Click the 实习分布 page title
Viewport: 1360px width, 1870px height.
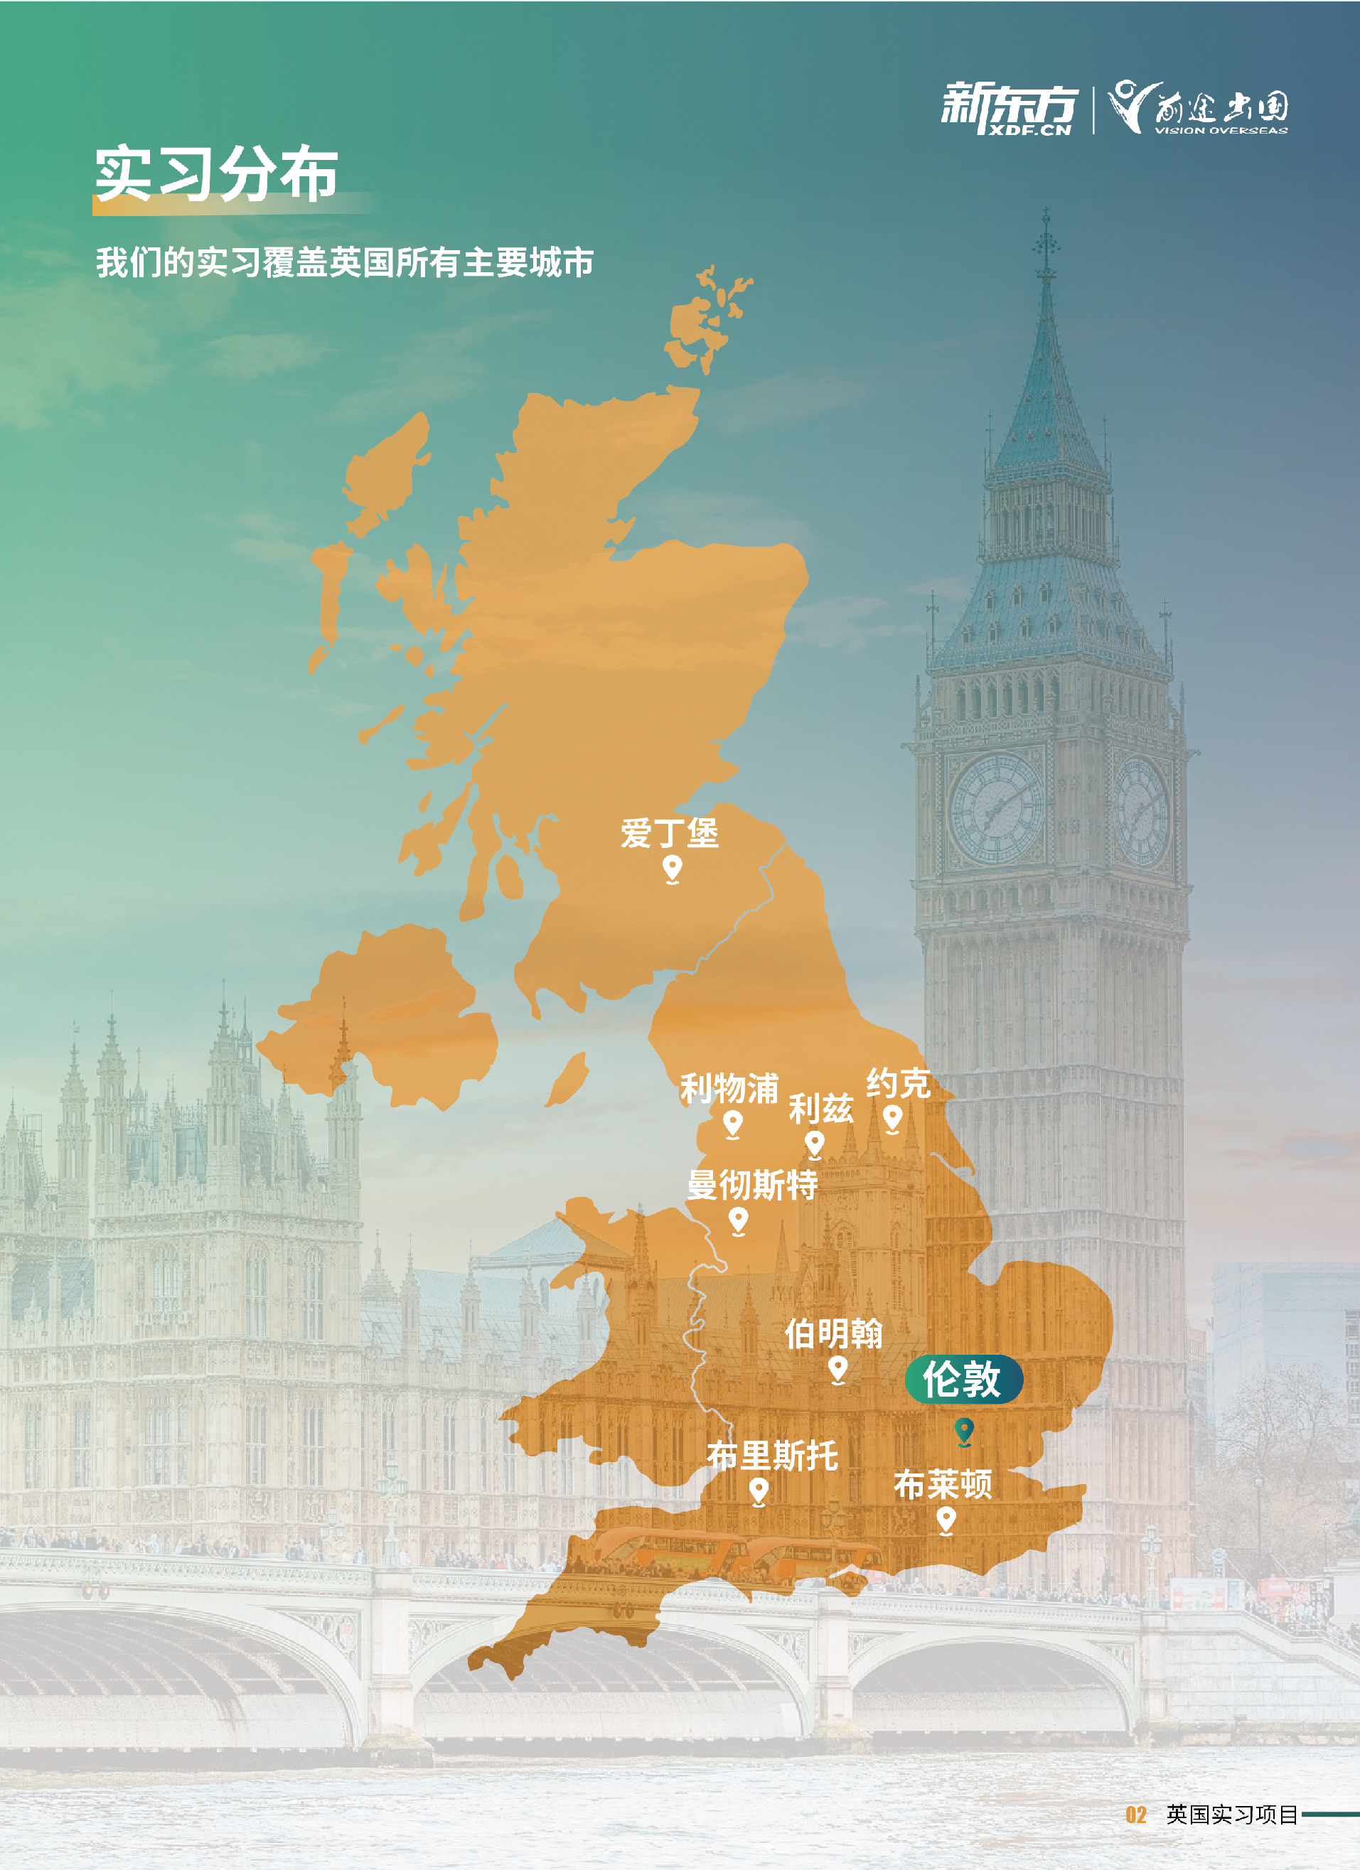point(216,174)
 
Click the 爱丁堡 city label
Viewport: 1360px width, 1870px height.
point(670,833)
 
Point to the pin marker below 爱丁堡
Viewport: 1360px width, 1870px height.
point(672,869)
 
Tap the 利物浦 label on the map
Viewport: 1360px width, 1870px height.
point(729,1088)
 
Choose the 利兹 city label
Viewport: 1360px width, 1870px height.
point(820,1109)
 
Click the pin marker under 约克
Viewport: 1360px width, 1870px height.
point(892,1118)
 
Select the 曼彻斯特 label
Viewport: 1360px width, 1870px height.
point(752,1185)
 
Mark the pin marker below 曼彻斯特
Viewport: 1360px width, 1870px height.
point(738,1220)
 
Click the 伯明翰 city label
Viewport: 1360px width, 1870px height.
point(833,1333)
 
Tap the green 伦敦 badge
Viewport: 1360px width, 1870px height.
point(963,1380)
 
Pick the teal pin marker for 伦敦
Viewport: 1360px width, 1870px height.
point(963,1430)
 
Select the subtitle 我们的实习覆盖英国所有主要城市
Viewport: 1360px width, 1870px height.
point(345,263)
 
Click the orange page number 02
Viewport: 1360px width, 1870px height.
point(1135,1815)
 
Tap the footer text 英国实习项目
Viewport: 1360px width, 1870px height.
point(1232,1815)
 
